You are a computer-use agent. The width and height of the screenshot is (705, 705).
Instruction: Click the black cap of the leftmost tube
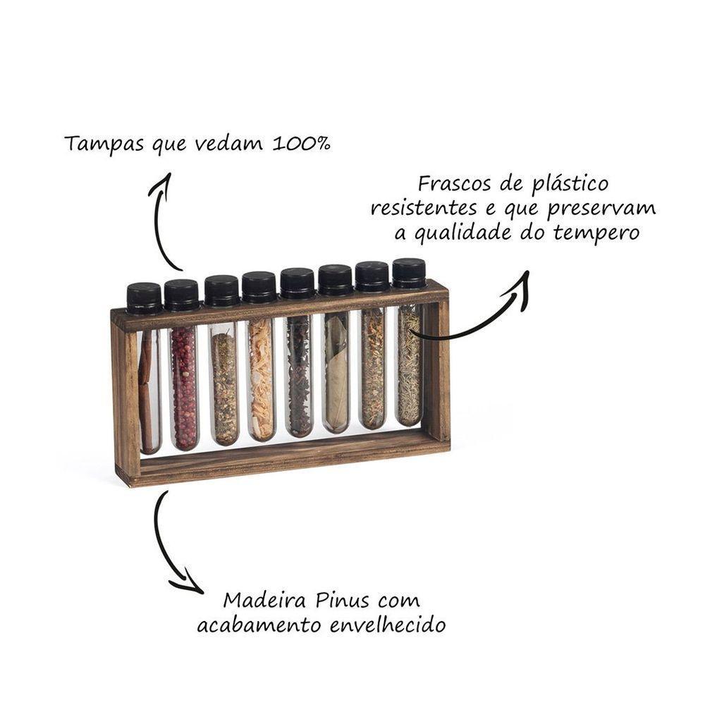point(144,298)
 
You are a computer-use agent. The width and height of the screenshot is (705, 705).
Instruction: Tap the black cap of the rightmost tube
point(409,273)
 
